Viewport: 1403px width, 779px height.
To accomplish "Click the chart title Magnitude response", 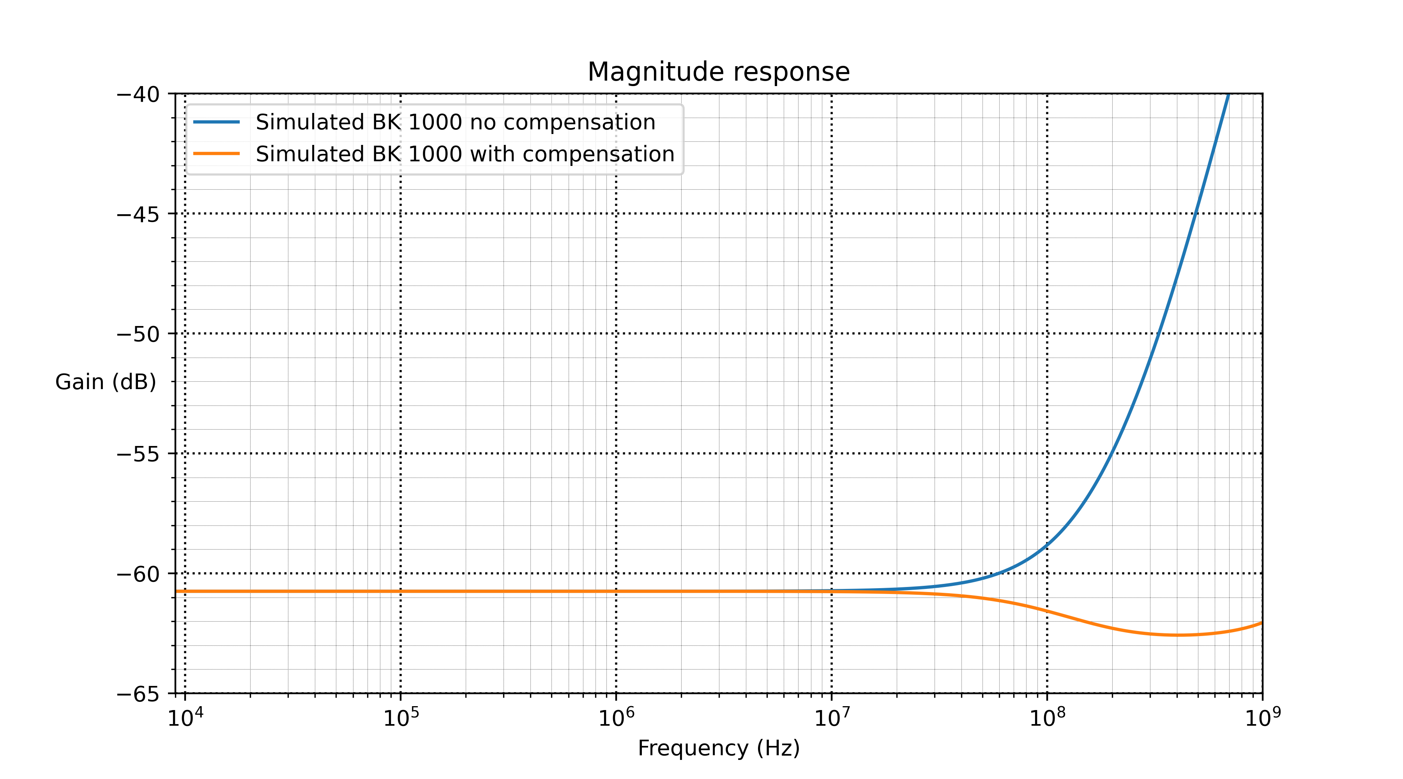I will [x=718, y=72].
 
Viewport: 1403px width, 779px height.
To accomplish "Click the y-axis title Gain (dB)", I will [x=105, y=382].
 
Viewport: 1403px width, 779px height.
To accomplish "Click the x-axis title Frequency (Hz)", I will [x=718, y=748].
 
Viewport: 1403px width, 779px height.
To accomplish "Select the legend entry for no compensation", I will [x=455, y=122].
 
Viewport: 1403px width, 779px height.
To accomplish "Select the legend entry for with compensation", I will [x=465, y=154].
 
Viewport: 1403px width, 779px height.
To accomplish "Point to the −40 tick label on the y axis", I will [x=138, y=94].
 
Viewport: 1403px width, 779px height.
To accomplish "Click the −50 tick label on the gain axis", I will [x=138, y=334].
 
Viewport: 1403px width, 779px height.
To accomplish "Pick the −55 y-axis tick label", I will [x=138, y=454].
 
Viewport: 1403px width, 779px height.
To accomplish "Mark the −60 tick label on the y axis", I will [x=138, y=574].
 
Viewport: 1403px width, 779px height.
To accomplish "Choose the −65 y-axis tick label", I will [x=138, y=694].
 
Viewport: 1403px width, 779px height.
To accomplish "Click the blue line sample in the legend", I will [x=217, y=122].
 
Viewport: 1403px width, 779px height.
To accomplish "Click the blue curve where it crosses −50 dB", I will [x=1159, y=334].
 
